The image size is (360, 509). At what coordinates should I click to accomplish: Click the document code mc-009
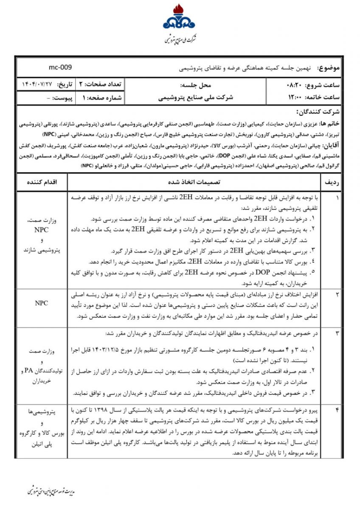[x=60, y=67]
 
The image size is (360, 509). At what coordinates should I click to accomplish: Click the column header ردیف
[x=331, y=182]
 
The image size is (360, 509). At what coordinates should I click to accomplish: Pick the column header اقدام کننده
[x=41, y=182]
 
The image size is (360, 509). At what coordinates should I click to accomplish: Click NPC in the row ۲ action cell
[x=41, y=303]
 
